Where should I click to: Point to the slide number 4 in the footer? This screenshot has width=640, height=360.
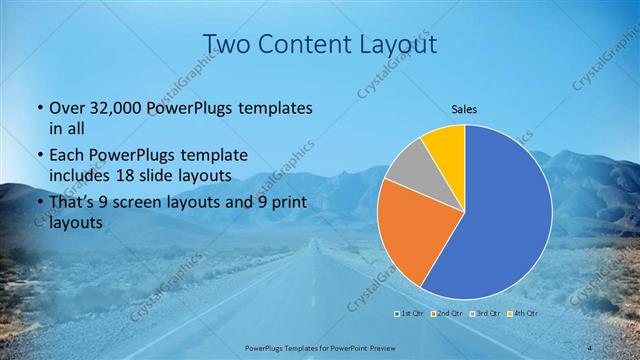click(592, 347)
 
